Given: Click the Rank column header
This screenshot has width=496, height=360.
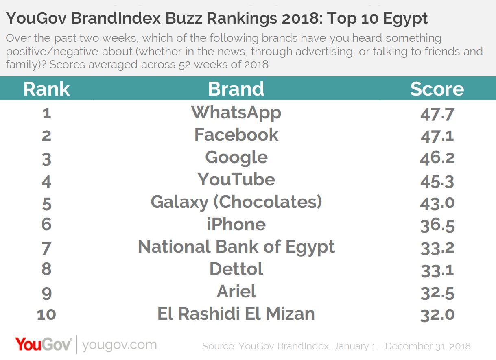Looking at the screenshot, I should click(46, 89).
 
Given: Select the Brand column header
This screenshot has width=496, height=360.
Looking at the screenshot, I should click(236, 89).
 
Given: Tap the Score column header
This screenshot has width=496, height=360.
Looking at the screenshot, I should click(437, 89).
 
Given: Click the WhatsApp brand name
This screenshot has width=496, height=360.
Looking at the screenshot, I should click(236, 113).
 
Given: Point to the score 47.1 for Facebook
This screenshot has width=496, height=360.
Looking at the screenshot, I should click(437, 135).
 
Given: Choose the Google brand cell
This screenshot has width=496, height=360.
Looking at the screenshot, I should click(236, 158).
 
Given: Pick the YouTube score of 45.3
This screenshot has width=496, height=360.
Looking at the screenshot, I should click(437, 180).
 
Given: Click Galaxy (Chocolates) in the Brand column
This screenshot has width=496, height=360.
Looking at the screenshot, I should click(236, 202).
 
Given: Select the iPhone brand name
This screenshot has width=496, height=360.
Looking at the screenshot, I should click(236, 225).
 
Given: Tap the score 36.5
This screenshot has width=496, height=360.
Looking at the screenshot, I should click(437, 225).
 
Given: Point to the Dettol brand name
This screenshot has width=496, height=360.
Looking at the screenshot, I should click(236, 269).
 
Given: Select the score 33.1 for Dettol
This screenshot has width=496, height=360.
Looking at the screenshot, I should click(437, 270).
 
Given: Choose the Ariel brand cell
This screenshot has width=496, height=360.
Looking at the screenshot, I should click(236, 292).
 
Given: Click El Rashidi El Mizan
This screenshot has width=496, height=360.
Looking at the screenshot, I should click(236, 314).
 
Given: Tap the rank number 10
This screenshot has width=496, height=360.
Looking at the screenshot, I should click(46, 314).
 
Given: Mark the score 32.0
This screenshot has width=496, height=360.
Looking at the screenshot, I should click(437, 314).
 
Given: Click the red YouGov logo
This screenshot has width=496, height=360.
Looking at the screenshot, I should click(44, 345).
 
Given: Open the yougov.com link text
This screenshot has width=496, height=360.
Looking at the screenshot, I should click(119, 345).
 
